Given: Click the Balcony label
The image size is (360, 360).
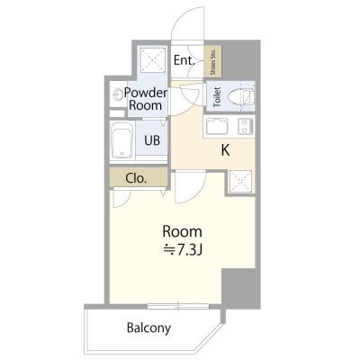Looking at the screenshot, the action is click(148, 328).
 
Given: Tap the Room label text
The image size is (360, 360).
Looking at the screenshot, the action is click(182, 231).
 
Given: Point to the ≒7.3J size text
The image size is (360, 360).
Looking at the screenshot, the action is click(183, 249).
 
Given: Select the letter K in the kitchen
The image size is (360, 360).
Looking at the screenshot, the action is click(225, 150).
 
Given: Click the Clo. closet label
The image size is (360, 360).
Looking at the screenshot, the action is click(136, 178).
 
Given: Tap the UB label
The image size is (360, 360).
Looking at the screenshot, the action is click(152, 140).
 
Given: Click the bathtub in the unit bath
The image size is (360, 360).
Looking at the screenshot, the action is click(121, 140).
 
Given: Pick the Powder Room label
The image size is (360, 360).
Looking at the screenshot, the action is click(146, 99).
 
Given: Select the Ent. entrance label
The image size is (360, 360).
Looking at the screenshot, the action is click(184, 60).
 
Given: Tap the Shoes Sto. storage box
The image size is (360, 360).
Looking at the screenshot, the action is click(213, 61).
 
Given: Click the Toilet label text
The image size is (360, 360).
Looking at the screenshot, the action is click(217, 97).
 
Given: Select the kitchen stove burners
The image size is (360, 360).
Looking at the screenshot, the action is click(246, 126).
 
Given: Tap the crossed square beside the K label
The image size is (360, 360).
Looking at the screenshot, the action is click(240, 182).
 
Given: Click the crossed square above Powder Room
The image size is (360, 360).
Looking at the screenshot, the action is click(153, 60).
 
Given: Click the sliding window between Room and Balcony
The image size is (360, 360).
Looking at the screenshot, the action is click(178, 306).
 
